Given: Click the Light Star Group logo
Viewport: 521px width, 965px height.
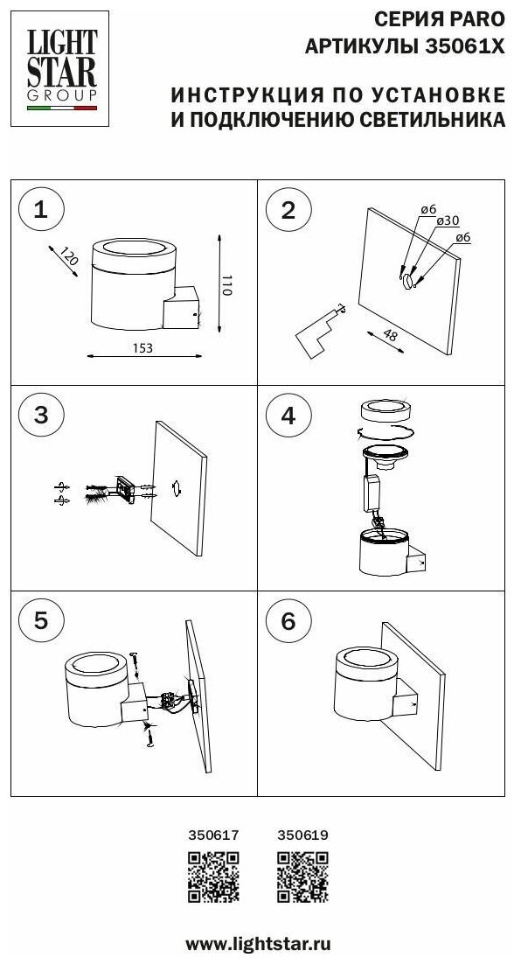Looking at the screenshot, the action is pyautogui.click(x=59, y=68).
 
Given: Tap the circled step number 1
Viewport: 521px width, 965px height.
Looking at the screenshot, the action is pyautogui.click(x=40, y=211).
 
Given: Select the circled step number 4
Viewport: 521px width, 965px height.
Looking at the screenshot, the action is pyautogui.click(x=288, y=416).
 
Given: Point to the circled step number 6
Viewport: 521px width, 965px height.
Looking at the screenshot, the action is pyautogui.click(x=288, y=621).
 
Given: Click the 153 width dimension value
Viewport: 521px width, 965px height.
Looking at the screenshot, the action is pyautogui.click(x=142, y=348).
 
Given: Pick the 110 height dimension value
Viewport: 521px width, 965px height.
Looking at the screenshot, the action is pyautogui.click(x=227, y=283).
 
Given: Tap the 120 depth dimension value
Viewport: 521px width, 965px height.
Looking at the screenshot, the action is pyautogui.click(x=70, y=255).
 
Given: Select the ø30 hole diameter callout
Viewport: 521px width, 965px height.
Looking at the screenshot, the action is pyautogui.click(x=448, y=221).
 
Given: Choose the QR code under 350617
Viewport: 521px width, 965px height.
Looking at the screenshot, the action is pyautogui.click(x=213, y=877).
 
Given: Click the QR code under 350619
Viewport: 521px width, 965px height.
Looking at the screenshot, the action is pyautogui.click(x=302, y=877).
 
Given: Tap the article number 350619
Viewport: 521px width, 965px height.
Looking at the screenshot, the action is pyautogui.click(x=302, y=836).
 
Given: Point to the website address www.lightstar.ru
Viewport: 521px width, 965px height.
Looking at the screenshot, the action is pyautogui.click(x=259, y=943).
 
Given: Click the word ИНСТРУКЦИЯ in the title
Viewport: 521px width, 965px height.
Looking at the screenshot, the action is pyautogui.click(x=247, y=95).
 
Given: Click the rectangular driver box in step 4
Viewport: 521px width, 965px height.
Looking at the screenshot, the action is pyautogui.click(x=372, y=493).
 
